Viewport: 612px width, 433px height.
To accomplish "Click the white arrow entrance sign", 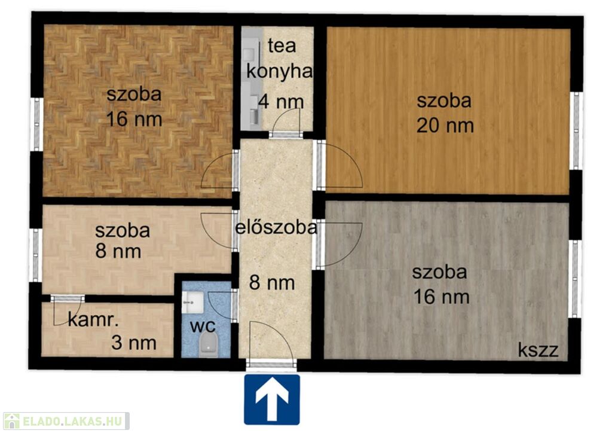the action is click(272, 400).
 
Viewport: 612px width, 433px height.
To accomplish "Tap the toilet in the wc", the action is click(208, 344).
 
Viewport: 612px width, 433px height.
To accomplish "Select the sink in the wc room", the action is click(192, 302).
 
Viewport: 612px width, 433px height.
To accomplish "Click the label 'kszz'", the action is click(538, 350).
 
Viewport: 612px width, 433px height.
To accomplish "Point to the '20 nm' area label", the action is click(445, 126).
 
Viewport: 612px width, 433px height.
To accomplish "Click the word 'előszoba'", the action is click(276, 227).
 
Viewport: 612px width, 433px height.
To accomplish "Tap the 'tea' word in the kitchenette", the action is click(282, 46).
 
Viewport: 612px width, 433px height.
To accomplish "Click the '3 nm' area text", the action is click(134, 343).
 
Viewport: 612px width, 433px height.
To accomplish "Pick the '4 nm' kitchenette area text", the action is click(281, 102).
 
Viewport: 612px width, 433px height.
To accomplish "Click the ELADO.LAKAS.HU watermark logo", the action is click(66, 421).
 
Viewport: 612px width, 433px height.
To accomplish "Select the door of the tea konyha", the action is click(286, 122).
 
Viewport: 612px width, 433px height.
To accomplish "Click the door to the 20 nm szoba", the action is click(340, 166).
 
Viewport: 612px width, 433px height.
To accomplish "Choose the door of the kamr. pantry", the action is click(68, 310).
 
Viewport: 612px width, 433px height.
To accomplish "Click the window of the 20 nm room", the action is click(576, 130).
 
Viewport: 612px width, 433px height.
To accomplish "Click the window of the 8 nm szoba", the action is click(36, 255).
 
